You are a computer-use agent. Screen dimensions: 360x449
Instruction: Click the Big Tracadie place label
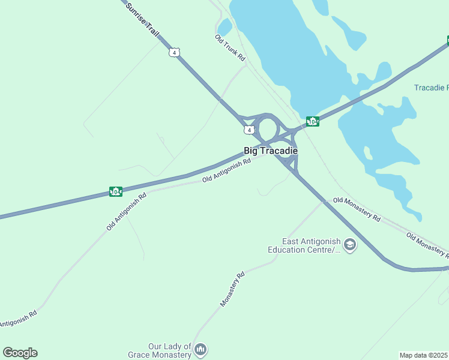tap(271, 151)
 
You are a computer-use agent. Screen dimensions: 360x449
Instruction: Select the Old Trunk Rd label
tap(231, 47)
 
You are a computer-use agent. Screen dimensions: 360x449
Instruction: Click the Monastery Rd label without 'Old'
tap(232, 290)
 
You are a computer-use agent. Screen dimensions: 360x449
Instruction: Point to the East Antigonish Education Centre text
tap(304, 245)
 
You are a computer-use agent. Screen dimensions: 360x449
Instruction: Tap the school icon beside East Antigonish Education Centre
tap(349, 245)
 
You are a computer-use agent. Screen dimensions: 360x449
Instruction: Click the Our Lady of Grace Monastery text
tap(160, 350)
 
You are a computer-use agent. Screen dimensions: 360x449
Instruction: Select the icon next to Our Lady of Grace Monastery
tap(201, 349)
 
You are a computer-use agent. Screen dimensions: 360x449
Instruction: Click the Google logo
tap(20, 353)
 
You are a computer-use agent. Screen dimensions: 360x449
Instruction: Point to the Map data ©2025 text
tap(423, 355)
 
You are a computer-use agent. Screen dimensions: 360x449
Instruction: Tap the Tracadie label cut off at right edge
tap(431, 88)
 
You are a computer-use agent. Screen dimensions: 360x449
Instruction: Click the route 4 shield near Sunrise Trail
tap(173, 52)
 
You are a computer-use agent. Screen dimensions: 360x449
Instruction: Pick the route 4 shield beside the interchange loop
tap(248, 130)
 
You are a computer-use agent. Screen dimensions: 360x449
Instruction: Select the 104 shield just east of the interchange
tap(312, 121)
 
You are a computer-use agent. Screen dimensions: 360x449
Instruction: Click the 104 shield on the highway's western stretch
tap(116, 191)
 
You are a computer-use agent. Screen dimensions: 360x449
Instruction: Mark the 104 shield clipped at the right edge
tap(447, 41)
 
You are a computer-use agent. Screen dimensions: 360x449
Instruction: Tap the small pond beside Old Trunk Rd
tap(224, 28)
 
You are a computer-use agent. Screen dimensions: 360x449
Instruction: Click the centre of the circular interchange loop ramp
tap(268, 128)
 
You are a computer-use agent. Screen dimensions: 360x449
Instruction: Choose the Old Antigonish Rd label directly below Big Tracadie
tap(226, 171)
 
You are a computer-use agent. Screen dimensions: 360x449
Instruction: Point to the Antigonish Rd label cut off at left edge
tap(18, 318)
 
